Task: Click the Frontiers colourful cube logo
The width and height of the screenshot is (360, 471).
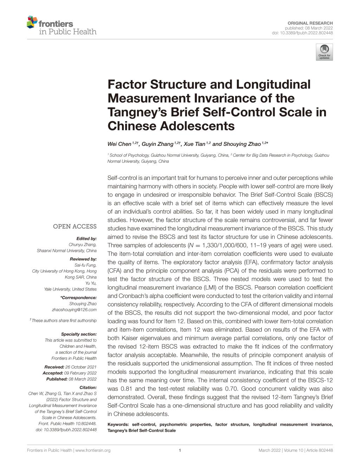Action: [32, 22]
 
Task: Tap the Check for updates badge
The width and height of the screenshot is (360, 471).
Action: [324, 52]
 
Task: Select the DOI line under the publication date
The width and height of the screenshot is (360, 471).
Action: [302, 33]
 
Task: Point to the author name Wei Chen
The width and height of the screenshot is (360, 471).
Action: [119, 144]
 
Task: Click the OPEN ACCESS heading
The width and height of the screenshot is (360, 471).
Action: [75, 227]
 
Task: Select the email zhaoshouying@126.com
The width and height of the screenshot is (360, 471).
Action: [74, 310]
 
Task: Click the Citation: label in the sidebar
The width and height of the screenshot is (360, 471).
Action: [88, 388]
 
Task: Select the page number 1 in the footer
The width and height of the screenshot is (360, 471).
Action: [180, 451]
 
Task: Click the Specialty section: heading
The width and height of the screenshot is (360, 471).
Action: [79, 334]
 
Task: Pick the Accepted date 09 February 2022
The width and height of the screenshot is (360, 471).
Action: [80, 373]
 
